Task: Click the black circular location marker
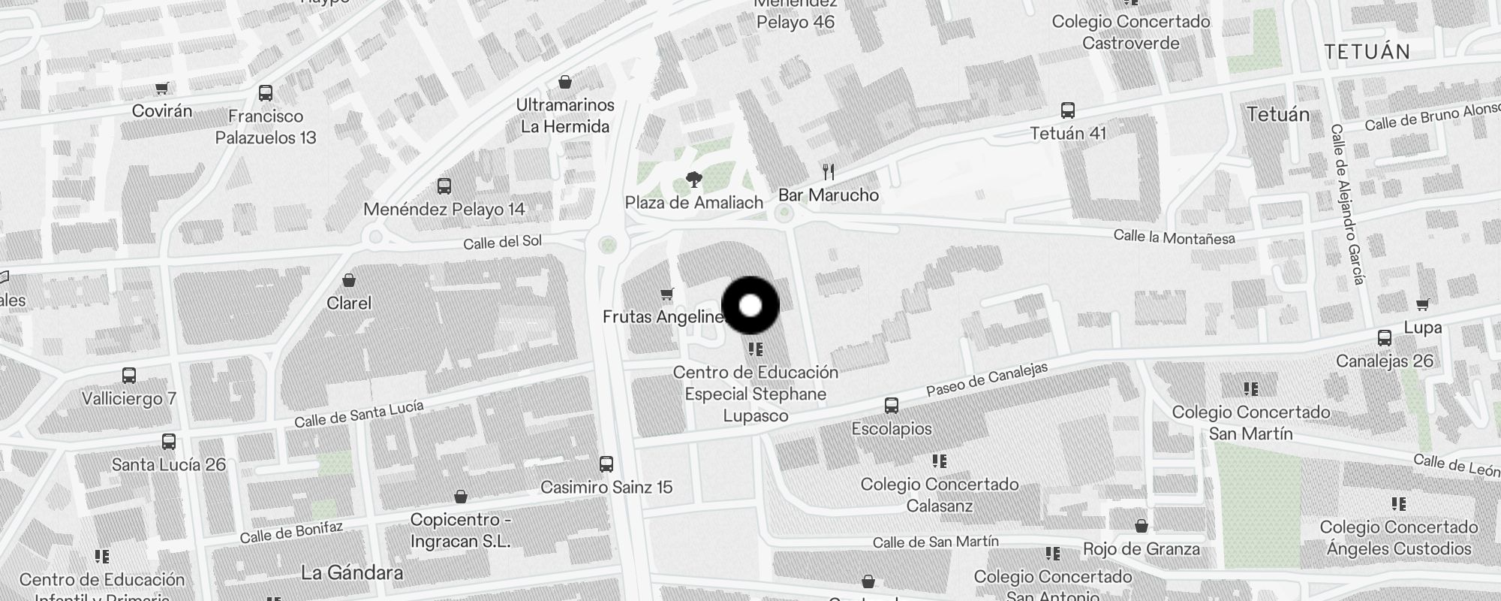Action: tap(750, 306)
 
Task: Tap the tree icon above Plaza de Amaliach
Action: tap(694, 180)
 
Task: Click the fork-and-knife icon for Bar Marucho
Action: tap(829, 172)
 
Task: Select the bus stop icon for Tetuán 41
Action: tap(1068, 110)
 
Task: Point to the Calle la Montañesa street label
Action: tap(1174, 237)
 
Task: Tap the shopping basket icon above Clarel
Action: tap(349, 281)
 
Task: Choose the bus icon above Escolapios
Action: tap(892, 406)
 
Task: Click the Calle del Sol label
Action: tap(502, 242)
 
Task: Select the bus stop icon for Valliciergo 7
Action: tap(129, 376)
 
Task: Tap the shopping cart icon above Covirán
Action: tap(161, 89)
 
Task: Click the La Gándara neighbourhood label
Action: tap(351, 573)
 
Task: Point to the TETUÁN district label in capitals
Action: tap(1367, 52)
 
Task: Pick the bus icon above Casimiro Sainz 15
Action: tap(606, 464)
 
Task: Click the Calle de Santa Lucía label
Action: tap(359, 414)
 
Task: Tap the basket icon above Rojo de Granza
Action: tap(1142, 526)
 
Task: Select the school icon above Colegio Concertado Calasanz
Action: tap(940, 461)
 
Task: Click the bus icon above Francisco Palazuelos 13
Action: tap(266, 93)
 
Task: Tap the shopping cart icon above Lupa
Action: tap(1422, 305)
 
